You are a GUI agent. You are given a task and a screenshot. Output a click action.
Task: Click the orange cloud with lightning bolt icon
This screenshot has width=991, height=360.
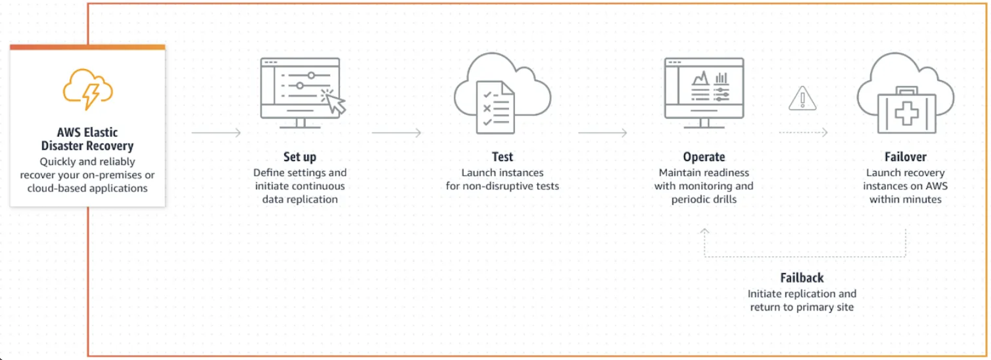pyautogui.click(x=88, y=89)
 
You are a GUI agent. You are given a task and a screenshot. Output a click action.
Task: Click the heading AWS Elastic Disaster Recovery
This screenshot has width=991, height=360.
pyautogui.click(x=87, y=139)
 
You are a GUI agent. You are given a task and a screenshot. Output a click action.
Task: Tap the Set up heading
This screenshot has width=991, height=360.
pyautogui.click(x=300, y=157)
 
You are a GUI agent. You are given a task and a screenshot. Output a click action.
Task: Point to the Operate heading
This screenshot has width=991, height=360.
pyautogui.click(x=704, y=157)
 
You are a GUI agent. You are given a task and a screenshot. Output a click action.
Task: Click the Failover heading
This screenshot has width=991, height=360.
pyautogui.click(x=905, y=157)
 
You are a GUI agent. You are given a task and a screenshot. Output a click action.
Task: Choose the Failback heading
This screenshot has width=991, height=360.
pyautogui.click(x=802, y=278)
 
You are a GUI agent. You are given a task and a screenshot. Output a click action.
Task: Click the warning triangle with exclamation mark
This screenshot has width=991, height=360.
pyautogui.click(x=802, y=99)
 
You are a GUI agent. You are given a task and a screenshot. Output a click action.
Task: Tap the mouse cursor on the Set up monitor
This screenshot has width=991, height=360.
pyautogui.click(x=335, y=103)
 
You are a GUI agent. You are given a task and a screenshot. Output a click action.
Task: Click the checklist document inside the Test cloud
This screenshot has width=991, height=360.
pyautogui.click(x=495, y=107)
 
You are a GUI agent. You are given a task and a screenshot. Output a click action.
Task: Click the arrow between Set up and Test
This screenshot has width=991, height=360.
pyautogui.click(x=396, y=133)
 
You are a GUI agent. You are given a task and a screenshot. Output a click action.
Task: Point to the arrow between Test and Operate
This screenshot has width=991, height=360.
pyautogui.click(x=603, y=133)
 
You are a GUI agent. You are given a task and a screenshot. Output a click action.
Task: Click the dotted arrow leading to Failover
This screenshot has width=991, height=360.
pyautogui.click(x=803, y=133)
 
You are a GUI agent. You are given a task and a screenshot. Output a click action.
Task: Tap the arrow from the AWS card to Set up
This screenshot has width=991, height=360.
pyautogui.click(x=216, y=133)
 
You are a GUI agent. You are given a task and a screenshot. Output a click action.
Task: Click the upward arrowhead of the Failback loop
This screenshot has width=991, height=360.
pyautogui.click(x=704, y=232)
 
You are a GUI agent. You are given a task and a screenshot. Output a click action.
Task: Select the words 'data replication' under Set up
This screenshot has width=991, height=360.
pyautogui.click(x=300, y=199)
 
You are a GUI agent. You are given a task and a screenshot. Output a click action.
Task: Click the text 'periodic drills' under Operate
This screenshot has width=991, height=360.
pyautogui.click(x=704, y=199)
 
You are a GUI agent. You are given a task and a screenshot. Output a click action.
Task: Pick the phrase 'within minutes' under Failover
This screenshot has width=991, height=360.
pyautogui.click(x=905, y=199)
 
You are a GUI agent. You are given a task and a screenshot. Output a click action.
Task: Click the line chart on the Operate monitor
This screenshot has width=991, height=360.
pyautogui.click(x=700, y=78)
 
